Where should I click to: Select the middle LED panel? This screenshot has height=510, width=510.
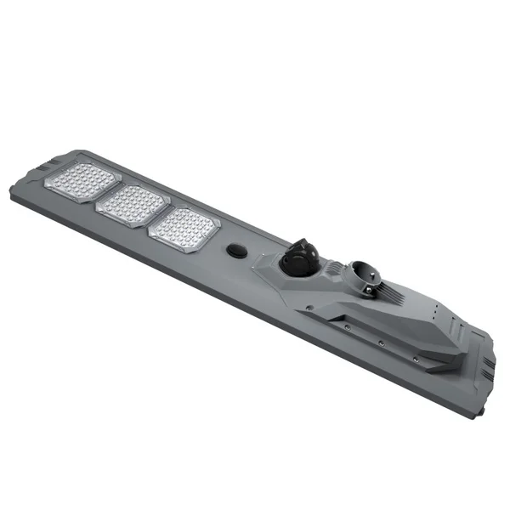point(132,205)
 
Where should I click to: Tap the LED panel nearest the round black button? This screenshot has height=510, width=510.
point(184,229)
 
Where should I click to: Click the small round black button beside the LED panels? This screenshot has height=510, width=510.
point(235,251)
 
